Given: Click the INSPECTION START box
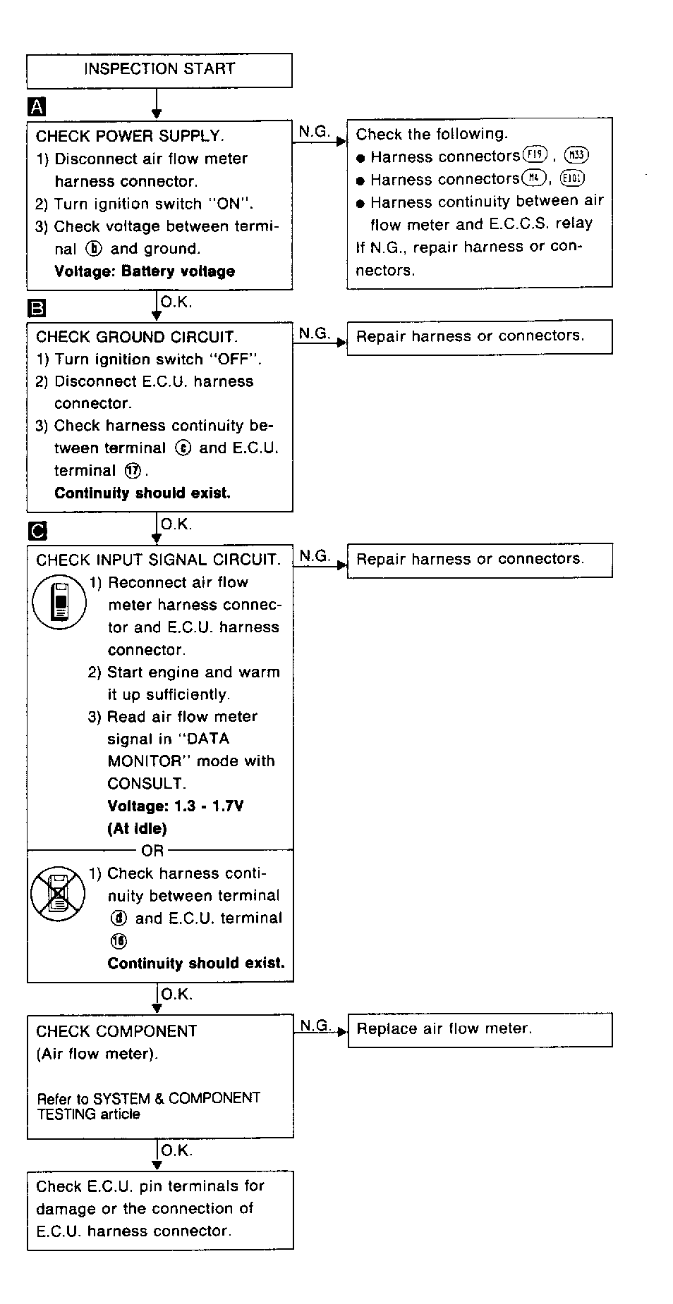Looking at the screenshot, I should pyautogui.click(x=159, y=70).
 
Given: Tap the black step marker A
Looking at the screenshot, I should pyautogui.click(x=36, y=107).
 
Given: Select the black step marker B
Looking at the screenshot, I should pyautogui.click(x=36, y=308).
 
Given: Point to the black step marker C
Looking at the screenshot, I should pyautogui.click(x=37, y=531).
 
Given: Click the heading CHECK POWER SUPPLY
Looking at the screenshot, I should pyautogui.click(x=130, y=136).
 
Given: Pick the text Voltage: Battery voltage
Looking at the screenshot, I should pyautogui.click(x=144, y=271).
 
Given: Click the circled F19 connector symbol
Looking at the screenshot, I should pyautogui.click(x=535, y=155).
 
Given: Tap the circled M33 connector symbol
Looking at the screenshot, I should pyautogui.click(x=576, y=156).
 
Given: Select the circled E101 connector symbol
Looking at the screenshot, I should pyautogui.click(x=572, y=178).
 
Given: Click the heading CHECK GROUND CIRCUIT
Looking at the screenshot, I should pyautogui.click(x=137, y=337).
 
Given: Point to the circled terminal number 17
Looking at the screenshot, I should pyautogui.click(x=132, y=471).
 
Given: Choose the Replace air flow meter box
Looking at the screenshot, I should pyautogui.click(x=480, y=1029).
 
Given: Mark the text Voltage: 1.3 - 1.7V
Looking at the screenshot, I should pyautogui.click(x=175, y=806).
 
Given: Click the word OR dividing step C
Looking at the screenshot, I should pyautogui.click(x=152, y=851).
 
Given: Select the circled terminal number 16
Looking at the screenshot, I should pyautogui.click(x=119, y=941).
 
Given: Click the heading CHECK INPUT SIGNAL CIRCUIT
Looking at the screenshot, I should pyautogui.click(x=158, y=560).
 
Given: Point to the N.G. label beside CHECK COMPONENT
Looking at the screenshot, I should pyautogui.click(x=315, y=1026).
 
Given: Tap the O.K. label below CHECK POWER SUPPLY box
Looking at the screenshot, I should pyautogui.click(x=176, y=302).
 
